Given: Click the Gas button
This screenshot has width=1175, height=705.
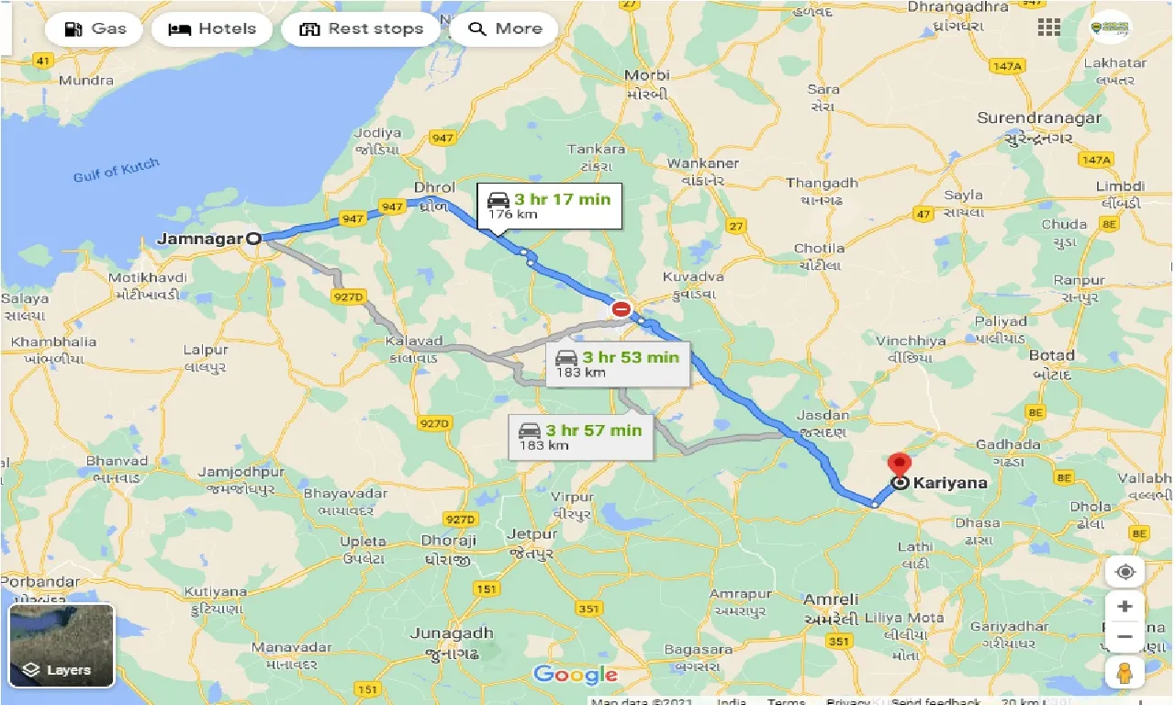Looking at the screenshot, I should (x=95, y=28).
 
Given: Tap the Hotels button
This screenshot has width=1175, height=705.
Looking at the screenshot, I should (x=212, y=28).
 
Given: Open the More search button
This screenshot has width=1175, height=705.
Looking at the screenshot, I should (x=505, y=28).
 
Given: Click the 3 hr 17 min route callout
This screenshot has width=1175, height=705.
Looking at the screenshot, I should (x=549, y=206).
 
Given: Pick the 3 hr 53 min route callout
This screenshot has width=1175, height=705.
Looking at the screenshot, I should (x=618, y=364).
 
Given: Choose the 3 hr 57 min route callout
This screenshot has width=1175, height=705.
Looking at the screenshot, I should (x=581, y=437).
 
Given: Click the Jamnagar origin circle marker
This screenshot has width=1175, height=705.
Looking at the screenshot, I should (x=254, y=239).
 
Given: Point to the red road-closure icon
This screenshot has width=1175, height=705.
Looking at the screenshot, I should (x=621, y=309).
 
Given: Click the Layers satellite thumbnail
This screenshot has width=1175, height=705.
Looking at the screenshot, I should (x=62, y=644).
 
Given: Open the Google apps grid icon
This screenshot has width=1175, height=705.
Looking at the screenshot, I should (x=1049, y=28).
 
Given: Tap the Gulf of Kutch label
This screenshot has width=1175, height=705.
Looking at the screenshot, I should (x=116, y=170).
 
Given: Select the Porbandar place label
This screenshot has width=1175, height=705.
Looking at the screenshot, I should (x=40, y=582).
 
